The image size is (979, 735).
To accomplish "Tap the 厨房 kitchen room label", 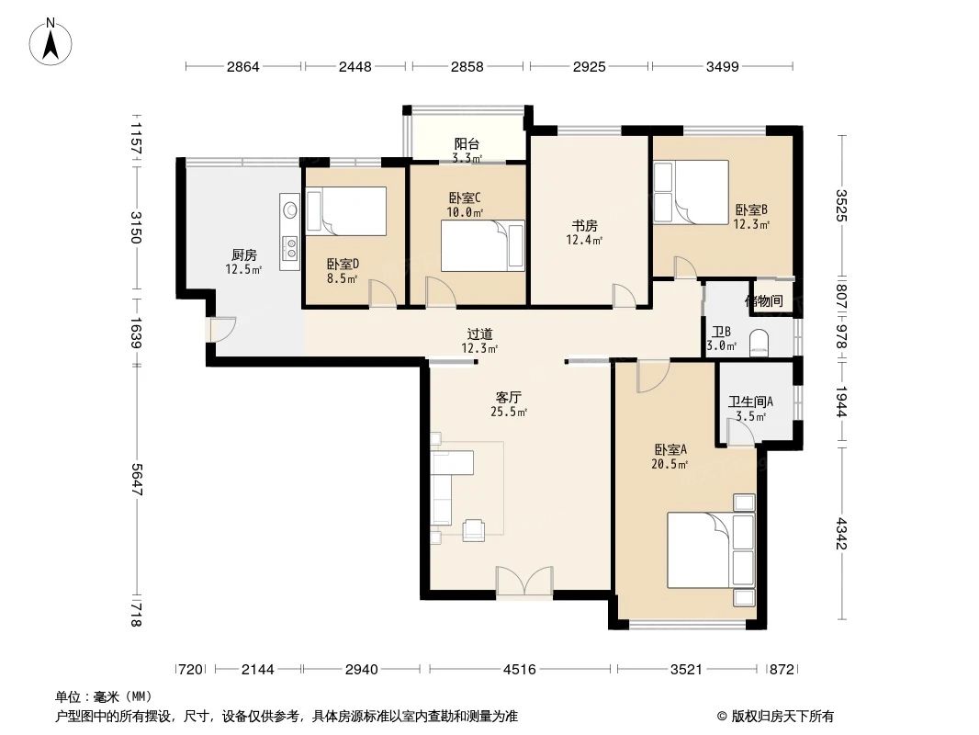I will coord(243,255).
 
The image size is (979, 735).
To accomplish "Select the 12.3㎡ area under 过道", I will coord(479,348).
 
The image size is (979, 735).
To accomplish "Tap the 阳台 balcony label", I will coord(467,144).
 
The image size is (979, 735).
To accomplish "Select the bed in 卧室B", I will coord(690,191).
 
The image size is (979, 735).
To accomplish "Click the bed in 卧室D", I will coord(345,209).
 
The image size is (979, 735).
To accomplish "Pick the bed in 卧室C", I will coord(482,245).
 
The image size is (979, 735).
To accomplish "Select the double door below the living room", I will coord(524,581).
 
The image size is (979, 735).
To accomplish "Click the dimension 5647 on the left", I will coord(136,479).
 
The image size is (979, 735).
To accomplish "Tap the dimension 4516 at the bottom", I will coord(519,669).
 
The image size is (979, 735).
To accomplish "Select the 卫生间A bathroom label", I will coord(750,401).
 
